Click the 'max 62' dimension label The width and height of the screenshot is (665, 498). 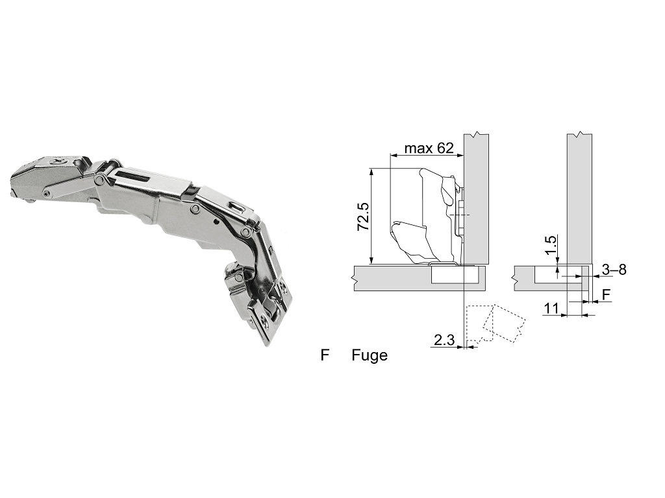(429, 148)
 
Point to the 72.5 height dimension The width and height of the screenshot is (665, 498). (364, 217)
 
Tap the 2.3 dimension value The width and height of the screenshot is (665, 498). (444, 340)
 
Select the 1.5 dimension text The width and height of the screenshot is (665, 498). (550, 245)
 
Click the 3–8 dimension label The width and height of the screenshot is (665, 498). (614, 269)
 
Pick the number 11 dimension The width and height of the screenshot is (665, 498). (551, 308)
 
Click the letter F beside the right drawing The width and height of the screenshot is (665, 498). (607, 294)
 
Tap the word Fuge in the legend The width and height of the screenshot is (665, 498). (370, 355)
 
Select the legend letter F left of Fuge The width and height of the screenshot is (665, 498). (325, 355)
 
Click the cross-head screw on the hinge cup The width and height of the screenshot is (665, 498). (56, 161)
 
